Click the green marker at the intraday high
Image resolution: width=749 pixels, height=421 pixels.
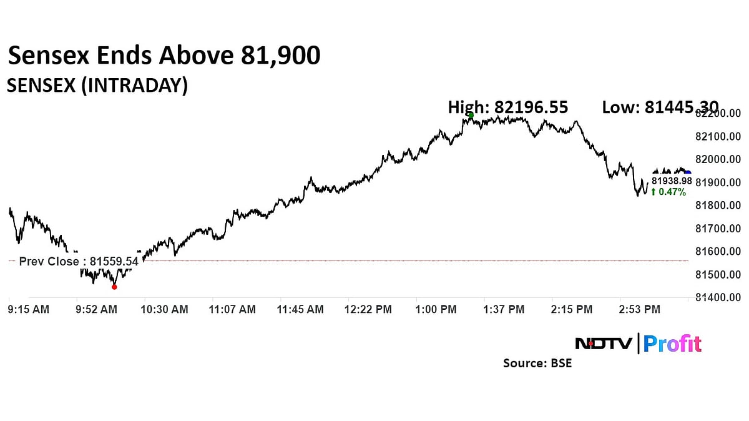pyautogui.click(x=471, y=116)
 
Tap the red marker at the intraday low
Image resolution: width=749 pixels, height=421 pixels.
pyautogui.click(x=114, y=287)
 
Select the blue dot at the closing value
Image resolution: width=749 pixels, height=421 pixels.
pyautogui.click(x=688, y=173)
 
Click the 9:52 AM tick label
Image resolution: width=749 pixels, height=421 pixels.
pyautogui.click(x=97, y=309)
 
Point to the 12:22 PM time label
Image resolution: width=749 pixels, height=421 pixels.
pyautogui.click(x=368, y=309)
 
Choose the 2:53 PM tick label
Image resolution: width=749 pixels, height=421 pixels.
pyautogui.click(x=639, y=309)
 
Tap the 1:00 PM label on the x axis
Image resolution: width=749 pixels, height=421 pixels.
pyautogui.click(x=436, y=309)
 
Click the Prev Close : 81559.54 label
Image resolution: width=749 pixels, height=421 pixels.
pyautogui.click(x=79, y=262)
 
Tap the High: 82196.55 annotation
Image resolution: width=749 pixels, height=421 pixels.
pyautogui.click(x=508, y=107)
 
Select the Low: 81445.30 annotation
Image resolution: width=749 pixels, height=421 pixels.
pyautogui.click(x=660, y=107)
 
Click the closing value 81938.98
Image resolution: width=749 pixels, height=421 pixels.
pyautogui.click(x=672, y=181)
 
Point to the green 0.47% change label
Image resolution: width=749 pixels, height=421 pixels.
pyautogui.click(x=668, y=192)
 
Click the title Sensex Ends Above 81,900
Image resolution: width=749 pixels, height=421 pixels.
pyautogui.click(x=164, y=56)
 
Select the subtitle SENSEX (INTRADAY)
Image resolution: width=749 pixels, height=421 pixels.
pyautogui.click(x=97, y=86)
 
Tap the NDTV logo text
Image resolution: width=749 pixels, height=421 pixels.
pyautogui.click(x=604, y=344)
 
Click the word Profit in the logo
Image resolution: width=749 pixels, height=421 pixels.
pyautogui.click(x=672, y=344)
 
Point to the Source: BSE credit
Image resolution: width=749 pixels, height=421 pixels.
pyautogui.click(x=537, y=363)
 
